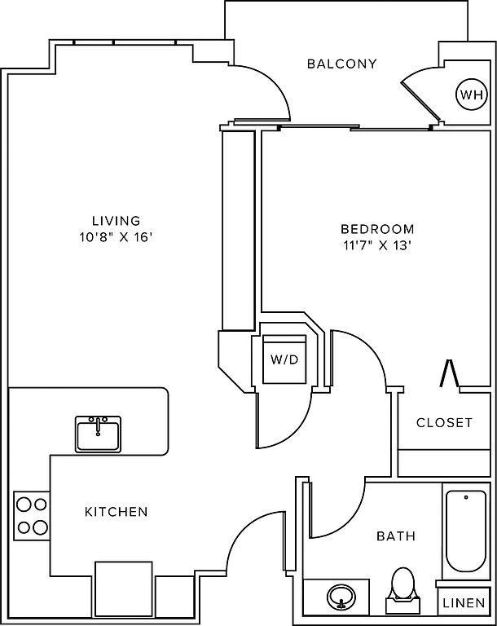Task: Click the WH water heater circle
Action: [x=472, y=95]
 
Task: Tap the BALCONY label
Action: [x=341, y=64]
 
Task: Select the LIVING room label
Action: [x=117, y=220]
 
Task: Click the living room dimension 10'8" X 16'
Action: [x=117, y=237]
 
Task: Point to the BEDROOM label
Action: [x=377, y=229]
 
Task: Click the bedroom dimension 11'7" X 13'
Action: [x=377, y=245]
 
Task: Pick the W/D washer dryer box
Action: [x=284, y=359]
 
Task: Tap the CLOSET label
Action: [x=444, y=422]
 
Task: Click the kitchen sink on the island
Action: [x=99, y=434]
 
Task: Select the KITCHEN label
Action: [x=117, y=511]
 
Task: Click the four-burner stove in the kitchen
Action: [x=32, y=516]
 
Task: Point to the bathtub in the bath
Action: [x=466, y=531]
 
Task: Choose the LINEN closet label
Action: [x=464, y=602]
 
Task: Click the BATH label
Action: [x=396, y=536]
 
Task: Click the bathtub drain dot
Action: [x=466, y=497]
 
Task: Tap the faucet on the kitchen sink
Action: [x=99, y=425]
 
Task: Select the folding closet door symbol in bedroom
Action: [x=449, y=373]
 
